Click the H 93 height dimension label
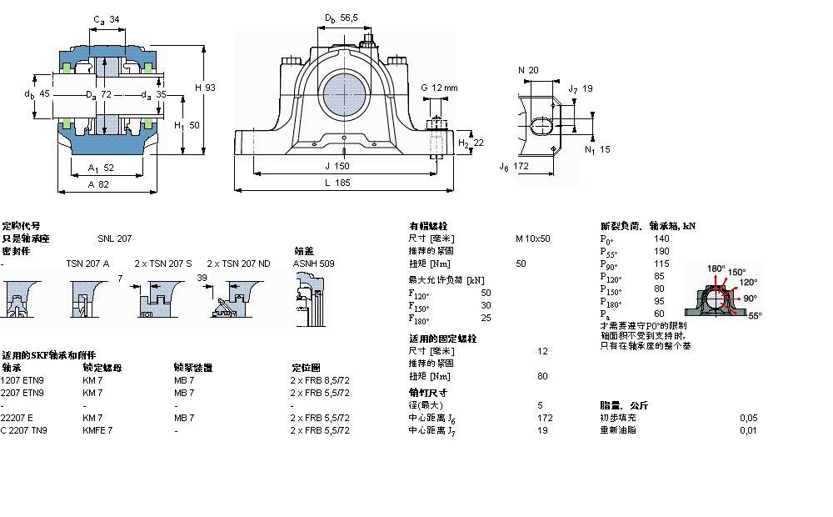pyautogui.click(x=204, y=88)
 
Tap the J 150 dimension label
pyautogui.click(x=337, y=166)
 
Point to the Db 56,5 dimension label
pyautogui.click(x=342, y=18)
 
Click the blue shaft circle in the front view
pyautogui.click(x=342, y=93)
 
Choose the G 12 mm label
pyautogui.click(x=439, y=88)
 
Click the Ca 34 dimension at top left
pyautogui.click(x=106, y=19)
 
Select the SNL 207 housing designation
pyautogui.click(x=114, y=238)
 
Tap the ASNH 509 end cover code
pyautogui.click(x=313, y=264)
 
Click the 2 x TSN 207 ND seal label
pyautogui.click(x=238, y=264)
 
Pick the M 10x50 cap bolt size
pyautogui.click(x=532, y=238)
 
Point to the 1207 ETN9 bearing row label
pyautogui.click(x=22, y=379)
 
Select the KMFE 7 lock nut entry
pyautogui.click(x=97, y=430)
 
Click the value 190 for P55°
pyautogui.click(x=661, y=251)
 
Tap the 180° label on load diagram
pyautogui.click(x=716, y=269)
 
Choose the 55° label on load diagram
pyautogui.click(x=755, y=316)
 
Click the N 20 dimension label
pyautogui.click(x=528, y=70)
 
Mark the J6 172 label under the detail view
pyautogui.click(x=514, y=167)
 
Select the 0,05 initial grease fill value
pyautogui.click(x=749, y=417)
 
